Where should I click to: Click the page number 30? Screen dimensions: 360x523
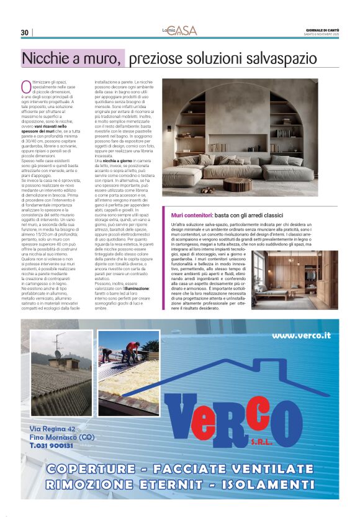point(24,32)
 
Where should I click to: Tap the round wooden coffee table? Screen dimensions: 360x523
point(238,184)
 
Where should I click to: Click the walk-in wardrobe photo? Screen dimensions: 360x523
point(295,279)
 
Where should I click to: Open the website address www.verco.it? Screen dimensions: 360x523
point(301,335)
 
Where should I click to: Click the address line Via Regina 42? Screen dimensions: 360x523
point(53,429)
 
